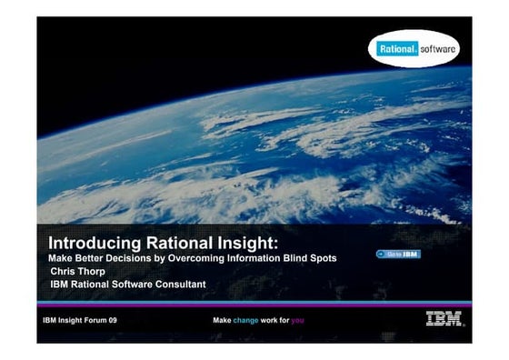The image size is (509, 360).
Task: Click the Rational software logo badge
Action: tap(414, 49)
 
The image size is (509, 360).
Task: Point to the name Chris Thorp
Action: tap(79, 271)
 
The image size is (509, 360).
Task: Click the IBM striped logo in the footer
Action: tap(444, 319)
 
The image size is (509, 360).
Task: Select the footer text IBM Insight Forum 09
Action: tap(80, 321)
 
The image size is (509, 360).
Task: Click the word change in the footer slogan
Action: tap(246, 321)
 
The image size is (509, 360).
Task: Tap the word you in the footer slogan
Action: tap(298, 321)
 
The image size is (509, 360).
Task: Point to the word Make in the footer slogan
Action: tap(222, 321)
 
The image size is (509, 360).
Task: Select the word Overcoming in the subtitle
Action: tap(201, 258)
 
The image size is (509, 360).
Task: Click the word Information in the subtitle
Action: tap(258, 258)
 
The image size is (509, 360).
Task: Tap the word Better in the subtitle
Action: tap(89, 258)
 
